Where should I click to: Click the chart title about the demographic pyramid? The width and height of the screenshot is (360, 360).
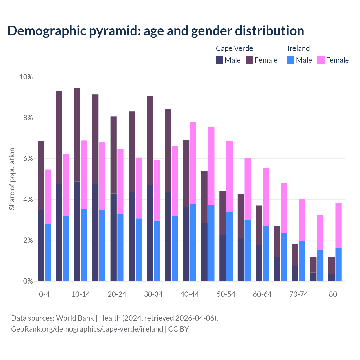tap(156, 31)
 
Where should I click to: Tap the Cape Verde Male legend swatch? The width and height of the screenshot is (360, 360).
tap(220, 60)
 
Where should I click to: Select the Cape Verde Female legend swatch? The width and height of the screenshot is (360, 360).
tap(249, 60)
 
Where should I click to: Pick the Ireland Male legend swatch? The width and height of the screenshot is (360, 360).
tap(291, 60)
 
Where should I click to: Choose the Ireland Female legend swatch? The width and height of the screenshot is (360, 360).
tap(321, 60)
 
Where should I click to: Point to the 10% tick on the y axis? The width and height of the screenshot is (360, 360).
tap(26, 77)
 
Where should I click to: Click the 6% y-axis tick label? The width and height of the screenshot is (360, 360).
tap(28, 159)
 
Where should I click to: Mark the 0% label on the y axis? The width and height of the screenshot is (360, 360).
tap(28, 281)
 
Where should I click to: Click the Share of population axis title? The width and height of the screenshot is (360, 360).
tap(12, 179)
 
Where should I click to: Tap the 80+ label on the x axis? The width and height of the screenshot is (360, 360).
tap(335, 294)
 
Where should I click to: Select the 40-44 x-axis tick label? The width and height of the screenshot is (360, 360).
tap(190, 294)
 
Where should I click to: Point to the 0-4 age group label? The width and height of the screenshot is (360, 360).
tap(44, 294)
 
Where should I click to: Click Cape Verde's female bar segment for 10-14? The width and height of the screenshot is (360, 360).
tap(77, 135)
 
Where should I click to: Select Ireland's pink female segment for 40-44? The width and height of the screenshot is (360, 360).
tap(193, 163)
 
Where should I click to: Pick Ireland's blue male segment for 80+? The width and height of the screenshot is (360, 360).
tap(338, 265)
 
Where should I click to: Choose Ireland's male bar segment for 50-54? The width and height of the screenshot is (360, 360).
tap(229, 246)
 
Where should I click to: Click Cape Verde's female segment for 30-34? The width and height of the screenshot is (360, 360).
tap(150, 141)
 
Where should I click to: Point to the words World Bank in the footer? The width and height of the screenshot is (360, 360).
tap(75, 318)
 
